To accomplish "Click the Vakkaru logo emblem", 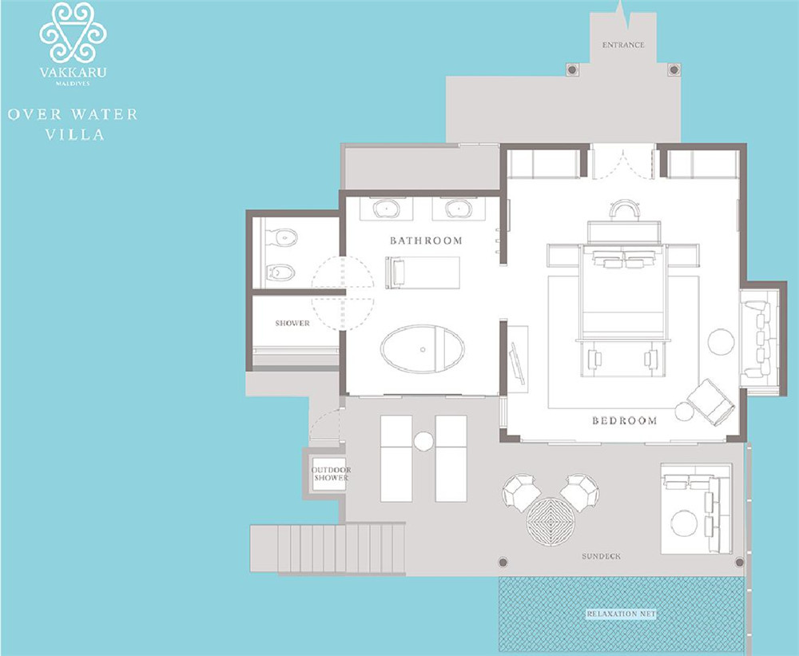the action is [x=73, y=33].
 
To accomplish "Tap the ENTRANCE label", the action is [x=623, y=45].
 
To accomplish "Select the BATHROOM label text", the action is [x=426, y=241].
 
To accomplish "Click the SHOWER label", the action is [x=292, y=323].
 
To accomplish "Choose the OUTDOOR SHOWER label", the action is [x=332, y=474].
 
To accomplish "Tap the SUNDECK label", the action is [x=602, y=556].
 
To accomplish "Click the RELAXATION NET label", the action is [x=621, y=614].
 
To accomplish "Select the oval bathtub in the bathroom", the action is [x=423, y=349].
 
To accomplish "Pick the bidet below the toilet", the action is [x=280, y=272].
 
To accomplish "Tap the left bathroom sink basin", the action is [x=386, y=209].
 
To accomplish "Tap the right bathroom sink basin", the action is [x=459, y=209].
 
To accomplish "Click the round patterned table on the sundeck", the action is [x=551, y=522].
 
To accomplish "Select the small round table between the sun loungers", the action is [x=423, y=441].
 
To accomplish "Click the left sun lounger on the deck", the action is [x=396, y=458].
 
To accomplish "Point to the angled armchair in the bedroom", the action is [x=711, y=402].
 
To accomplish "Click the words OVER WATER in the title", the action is [x=73, y=114].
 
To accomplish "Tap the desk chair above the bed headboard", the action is [x=624, y=209].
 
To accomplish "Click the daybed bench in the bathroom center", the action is [x=423, y=272].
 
